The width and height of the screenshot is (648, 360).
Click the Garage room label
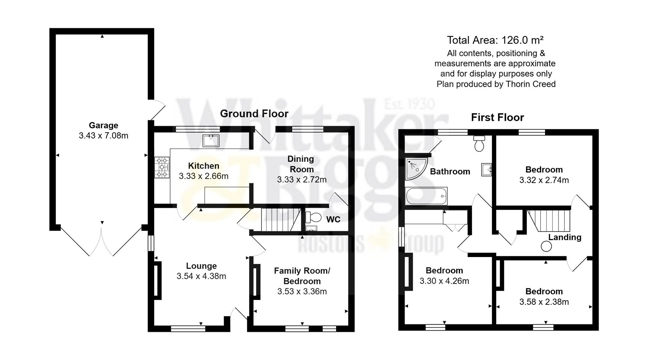[x=103, y=125]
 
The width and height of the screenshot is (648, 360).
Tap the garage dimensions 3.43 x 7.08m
[x=103, y=136]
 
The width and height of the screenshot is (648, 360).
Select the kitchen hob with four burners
[x=162, y=167]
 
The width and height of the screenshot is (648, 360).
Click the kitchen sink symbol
[x=211, y=140]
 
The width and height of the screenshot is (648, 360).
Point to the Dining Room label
[x=300, y=164]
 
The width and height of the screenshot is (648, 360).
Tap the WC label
[x=333, y=220]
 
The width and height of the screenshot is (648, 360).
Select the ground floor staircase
[x=280, y=220]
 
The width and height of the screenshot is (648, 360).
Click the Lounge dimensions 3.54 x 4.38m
[x=201, y=276]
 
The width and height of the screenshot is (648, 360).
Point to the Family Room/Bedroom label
[x=302, y=276]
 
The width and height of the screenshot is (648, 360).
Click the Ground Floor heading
[x=254, y=114]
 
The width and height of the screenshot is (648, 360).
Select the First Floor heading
[x=497, y=118]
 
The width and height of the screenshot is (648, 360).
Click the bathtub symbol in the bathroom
[x=426, y=196]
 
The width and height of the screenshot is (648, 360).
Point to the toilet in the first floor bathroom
[x=479, y=144]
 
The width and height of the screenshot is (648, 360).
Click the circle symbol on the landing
[x=546, y=247]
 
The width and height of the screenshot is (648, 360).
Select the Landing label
[x=564, y=237]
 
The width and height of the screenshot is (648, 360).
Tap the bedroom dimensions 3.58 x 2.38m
[x=544, y=302]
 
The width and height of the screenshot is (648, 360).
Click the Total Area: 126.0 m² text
[x=495, y=40]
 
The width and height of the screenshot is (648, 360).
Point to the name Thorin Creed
[x=530, y=84]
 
